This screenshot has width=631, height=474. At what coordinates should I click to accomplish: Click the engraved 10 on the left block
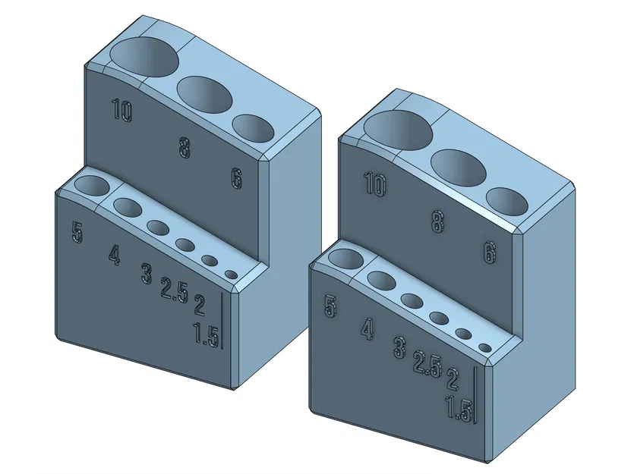[x=121, y=111]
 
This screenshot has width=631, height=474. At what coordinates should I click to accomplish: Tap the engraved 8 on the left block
[x=185, y=147]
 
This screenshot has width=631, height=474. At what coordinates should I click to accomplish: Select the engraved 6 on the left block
[x=236, y=179]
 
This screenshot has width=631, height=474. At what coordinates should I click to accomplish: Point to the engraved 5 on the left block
[x=77, y=231]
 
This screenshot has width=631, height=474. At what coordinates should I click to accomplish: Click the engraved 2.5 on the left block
[x=174, y=290]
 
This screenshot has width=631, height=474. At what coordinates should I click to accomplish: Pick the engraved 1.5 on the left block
[x=206, y=334]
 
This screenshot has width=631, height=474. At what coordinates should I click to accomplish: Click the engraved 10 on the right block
[x=375, y=184]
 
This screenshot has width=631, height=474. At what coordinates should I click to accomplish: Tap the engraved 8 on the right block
[x=437, y=221]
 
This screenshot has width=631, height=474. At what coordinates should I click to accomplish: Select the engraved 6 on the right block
[x=490, y=252]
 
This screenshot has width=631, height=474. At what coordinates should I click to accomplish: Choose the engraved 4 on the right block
[x=368, y=330]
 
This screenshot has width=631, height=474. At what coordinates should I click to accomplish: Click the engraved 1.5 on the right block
[x=459, y=409]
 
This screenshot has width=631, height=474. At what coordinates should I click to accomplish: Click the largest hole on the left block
[x=144, y=56]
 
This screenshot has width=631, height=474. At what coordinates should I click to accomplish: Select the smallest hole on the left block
[x=231, y=274]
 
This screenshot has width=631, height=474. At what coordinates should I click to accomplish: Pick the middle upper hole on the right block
[x=459, y=167]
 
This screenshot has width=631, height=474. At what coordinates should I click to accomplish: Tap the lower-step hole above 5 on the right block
[x=344, y=259]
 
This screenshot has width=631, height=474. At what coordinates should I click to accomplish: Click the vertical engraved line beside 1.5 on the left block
[x=221, y=319]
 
